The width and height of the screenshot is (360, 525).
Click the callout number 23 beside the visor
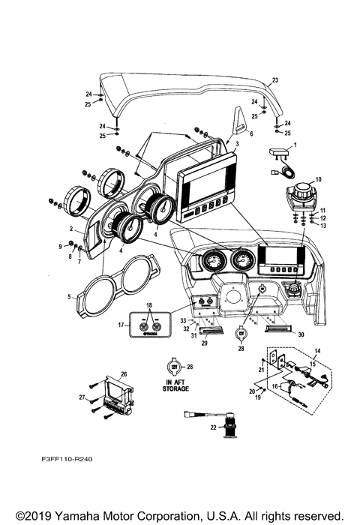pyautogui.click(x=275, y=80)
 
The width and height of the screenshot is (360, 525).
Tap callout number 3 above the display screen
pyautogui.click(x=237, y=144)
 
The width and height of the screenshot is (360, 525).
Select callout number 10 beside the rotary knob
pyautogui.click(x=318, y=179)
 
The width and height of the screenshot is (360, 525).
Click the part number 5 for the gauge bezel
pyautogui.click(x=69, y=297)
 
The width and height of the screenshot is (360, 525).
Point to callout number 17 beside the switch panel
pyautogui.click(x=121, y=325)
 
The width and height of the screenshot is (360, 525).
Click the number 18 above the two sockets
pyautogui.click(x=149, y=305)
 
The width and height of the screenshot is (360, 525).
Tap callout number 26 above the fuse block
pyautogui.click(x=124, y=374)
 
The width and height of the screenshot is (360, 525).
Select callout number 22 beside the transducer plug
pyautogui.click(x=214, y=427)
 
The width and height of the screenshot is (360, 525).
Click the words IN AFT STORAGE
pyautogui.click(x=175, y=385)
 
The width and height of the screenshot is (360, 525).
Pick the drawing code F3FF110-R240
pyautogui.click(x=67, y=459)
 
